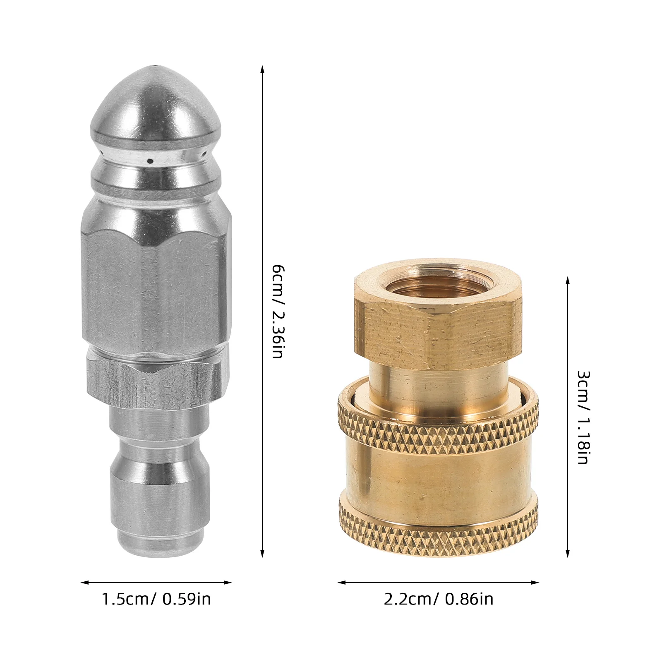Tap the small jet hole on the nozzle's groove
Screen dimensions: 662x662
tap(151, 161)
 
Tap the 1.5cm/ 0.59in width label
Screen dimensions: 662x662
tap(156, 599)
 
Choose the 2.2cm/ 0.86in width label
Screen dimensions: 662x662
tap(439, 599)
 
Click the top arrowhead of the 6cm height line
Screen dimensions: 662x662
tap(262, 67)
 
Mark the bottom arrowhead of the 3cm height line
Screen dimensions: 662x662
tap(568, 555)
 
